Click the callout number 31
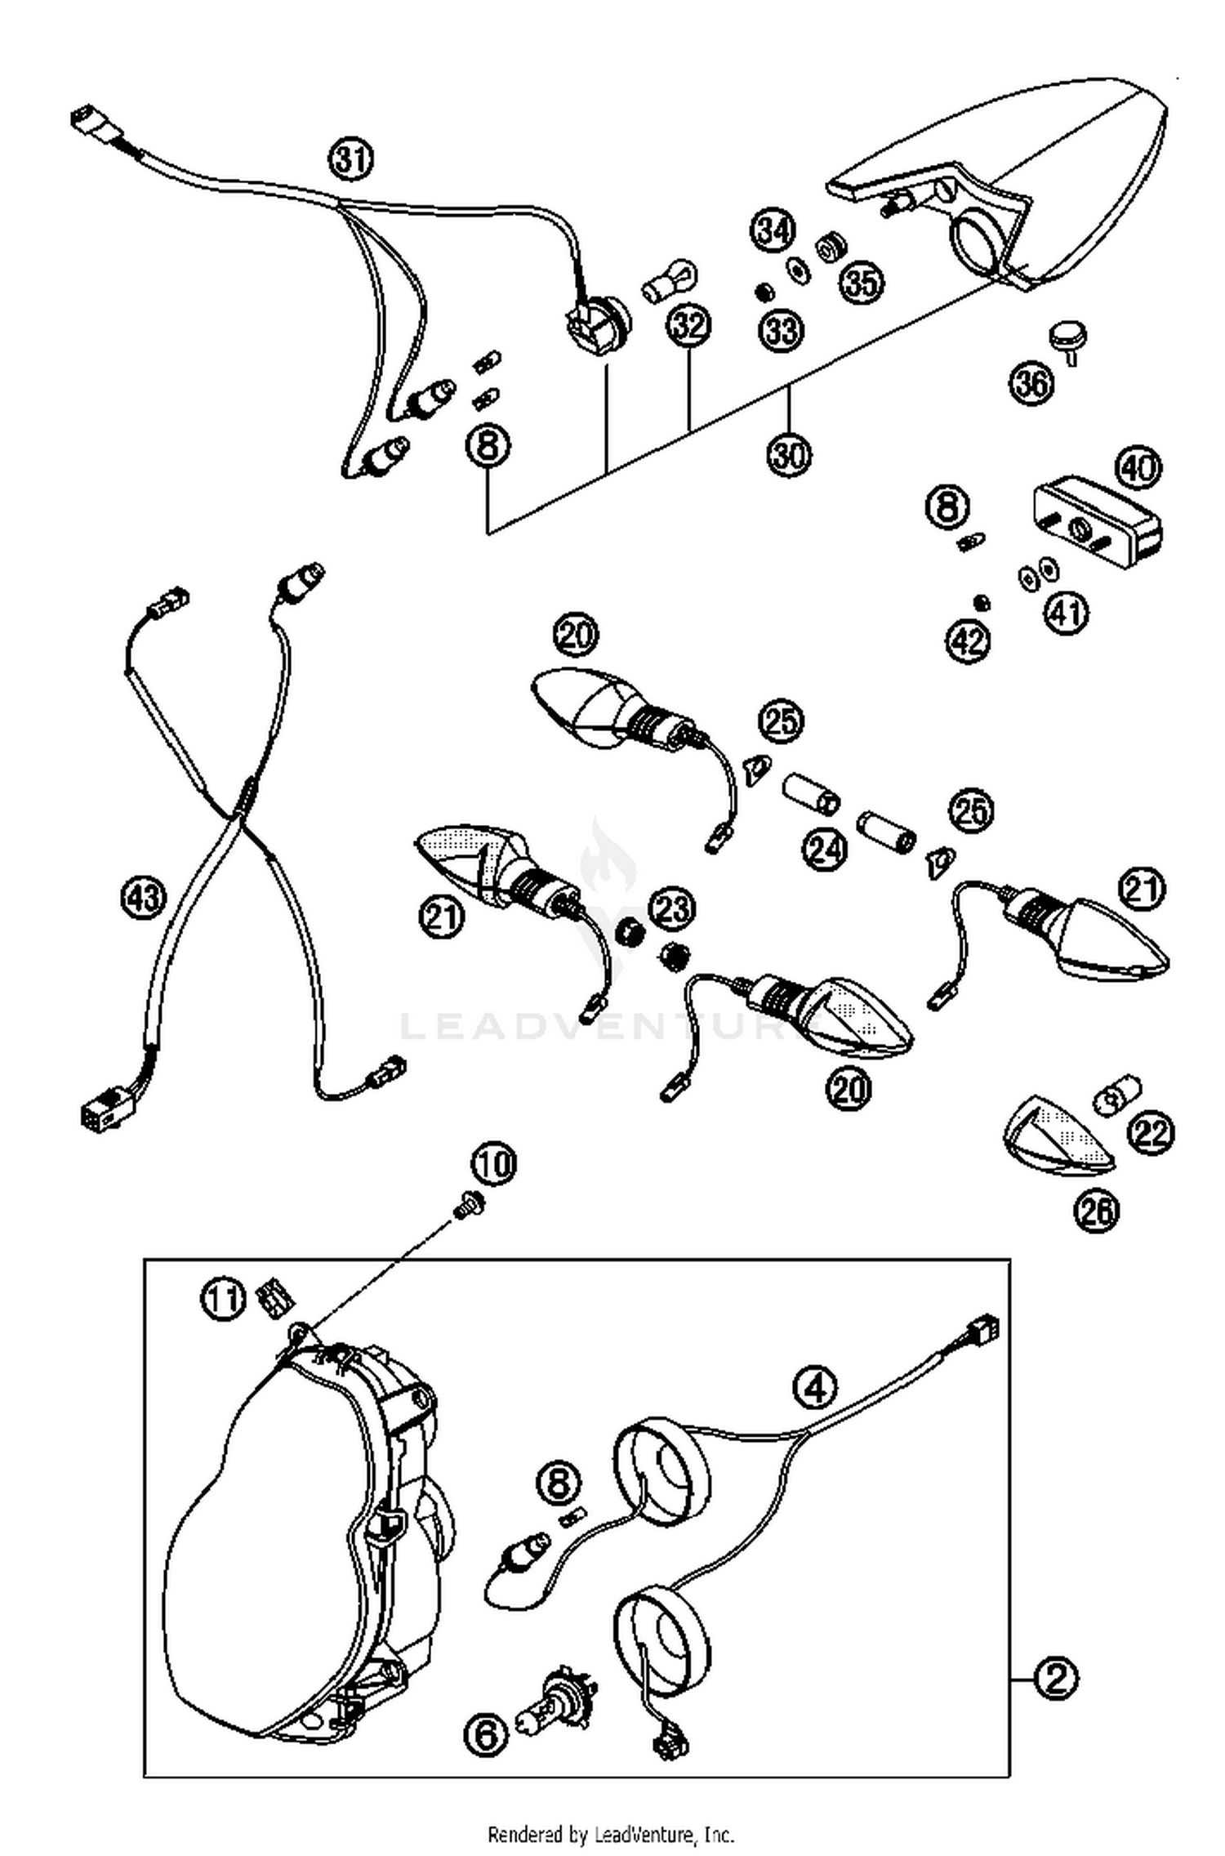point(351,158)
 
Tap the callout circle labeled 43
point(142,898)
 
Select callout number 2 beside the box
point(1056,1680)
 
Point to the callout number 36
point(1031,382)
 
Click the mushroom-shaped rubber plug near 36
point(1063,336)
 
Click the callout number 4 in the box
point(815,1387)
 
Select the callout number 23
point(672,909)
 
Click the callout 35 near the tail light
point(862,283)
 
